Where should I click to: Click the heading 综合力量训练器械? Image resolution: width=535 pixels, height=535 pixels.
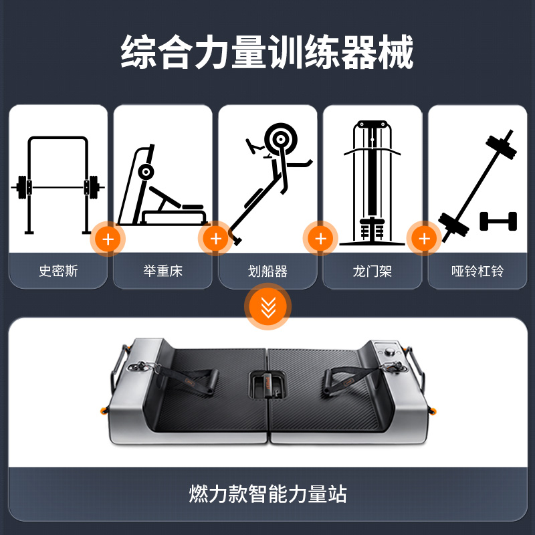(267, 52)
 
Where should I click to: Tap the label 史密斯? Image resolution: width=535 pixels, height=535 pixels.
(58, 271)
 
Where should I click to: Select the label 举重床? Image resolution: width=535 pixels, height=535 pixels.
(163, 271)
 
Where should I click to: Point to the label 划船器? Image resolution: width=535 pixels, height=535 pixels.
(267, 272)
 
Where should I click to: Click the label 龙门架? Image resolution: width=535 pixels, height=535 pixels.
(372, 272)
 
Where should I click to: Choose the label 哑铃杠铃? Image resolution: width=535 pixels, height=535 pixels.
(477, 272)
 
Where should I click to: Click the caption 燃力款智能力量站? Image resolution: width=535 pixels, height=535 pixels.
(268, 494)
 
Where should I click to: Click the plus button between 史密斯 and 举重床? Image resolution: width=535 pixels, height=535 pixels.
(108, 239)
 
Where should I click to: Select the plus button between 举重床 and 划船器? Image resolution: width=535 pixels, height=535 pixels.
(215, 239)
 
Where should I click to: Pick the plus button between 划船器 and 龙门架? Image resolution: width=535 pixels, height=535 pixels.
(320, 239)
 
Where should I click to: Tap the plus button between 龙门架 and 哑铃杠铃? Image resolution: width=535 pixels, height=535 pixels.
(424, 239)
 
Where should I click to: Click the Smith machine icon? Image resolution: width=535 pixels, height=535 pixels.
(58, 186)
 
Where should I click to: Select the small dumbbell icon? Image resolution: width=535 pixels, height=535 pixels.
(498, 221)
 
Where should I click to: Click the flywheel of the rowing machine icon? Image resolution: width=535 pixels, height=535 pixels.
(280, 139)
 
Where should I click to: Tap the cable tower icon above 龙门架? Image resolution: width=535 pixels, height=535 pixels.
(372, 183)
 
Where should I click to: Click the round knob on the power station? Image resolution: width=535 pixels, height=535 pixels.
(389, 352)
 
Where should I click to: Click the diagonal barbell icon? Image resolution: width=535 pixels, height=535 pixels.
(477, 186)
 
